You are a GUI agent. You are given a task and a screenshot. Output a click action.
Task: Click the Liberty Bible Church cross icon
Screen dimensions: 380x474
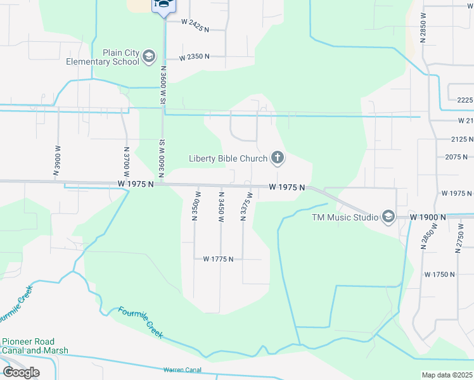coord(277,158)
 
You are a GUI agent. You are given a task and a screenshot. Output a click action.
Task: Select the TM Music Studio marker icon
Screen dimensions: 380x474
coord(388,217)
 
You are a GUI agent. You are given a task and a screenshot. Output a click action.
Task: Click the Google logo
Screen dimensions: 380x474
coord(21,372)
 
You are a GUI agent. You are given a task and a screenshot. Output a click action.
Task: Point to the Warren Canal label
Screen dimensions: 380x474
coord(182,369)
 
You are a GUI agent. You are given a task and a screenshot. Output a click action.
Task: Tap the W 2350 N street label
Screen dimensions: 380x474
coord(194,57)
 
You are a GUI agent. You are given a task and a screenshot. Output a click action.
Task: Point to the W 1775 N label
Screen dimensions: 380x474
coord(218,259)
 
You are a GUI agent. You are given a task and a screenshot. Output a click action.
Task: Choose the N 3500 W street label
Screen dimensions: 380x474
coord(196,206)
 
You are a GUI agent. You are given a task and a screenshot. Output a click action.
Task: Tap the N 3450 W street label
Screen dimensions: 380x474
coord(221,206)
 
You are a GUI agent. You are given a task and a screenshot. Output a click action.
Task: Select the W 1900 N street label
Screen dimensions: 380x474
coord(428,217)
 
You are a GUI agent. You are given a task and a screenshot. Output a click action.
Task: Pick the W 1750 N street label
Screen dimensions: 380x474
coord(439,274)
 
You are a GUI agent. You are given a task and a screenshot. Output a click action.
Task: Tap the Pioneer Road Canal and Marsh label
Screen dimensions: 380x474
coord(35,346)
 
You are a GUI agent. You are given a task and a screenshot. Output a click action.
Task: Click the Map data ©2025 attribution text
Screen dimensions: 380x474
coord(447,375)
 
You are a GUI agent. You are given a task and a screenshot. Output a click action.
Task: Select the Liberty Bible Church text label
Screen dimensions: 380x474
coord(228,158)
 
